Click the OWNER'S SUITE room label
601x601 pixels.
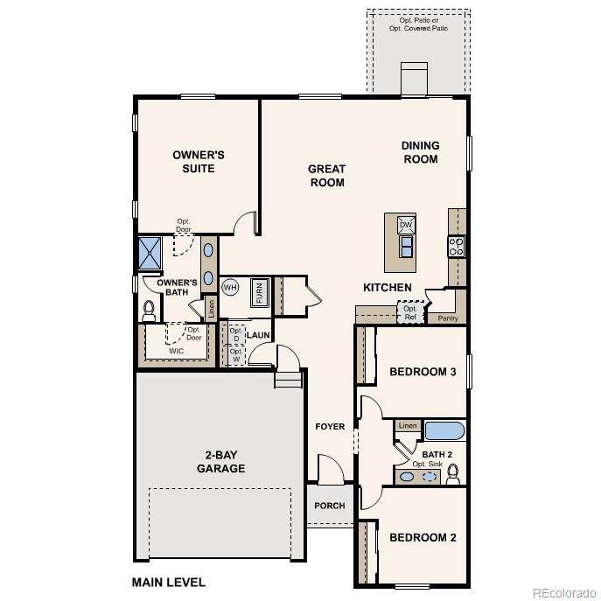pos(198,162)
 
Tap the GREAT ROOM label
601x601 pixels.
pos(326,176)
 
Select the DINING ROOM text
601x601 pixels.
pos(420,152)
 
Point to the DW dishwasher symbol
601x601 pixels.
pos(406,225)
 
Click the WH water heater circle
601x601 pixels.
pos(230,287)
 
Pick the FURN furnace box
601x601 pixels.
pos(260,292)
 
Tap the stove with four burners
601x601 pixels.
pos(456,247)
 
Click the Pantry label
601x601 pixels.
pos(447,318)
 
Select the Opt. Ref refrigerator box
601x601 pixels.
pos(410,312)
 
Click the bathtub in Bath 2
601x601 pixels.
pos(445,430)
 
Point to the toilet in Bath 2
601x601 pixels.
pos(453,474)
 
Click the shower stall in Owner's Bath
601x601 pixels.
pos(150,253)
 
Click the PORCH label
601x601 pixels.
pos(330,506)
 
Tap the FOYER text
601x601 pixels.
pos(330,427)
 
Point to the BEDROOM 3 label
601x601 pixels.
pos(423,372)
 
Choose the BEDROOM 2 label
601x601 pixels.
pos(423,537)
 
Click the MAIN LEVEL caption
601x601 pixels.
pos(168,582)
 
